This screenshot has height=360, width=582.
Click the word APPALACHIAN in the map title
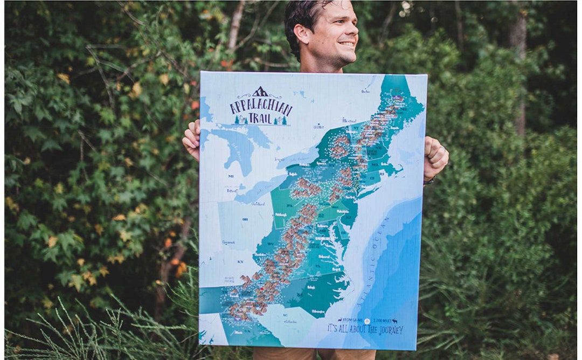point(260,107)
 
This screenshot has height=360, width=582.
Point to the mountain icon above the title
point(260,92)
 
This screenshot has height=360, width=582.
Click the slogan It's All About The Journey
point(365,329)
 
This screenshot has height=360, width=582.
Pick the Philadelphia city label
point(342,211)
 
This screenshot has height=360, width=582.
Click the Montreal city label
point(350,120)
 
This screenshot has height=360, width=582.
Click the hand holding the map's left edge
point(192,140)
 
